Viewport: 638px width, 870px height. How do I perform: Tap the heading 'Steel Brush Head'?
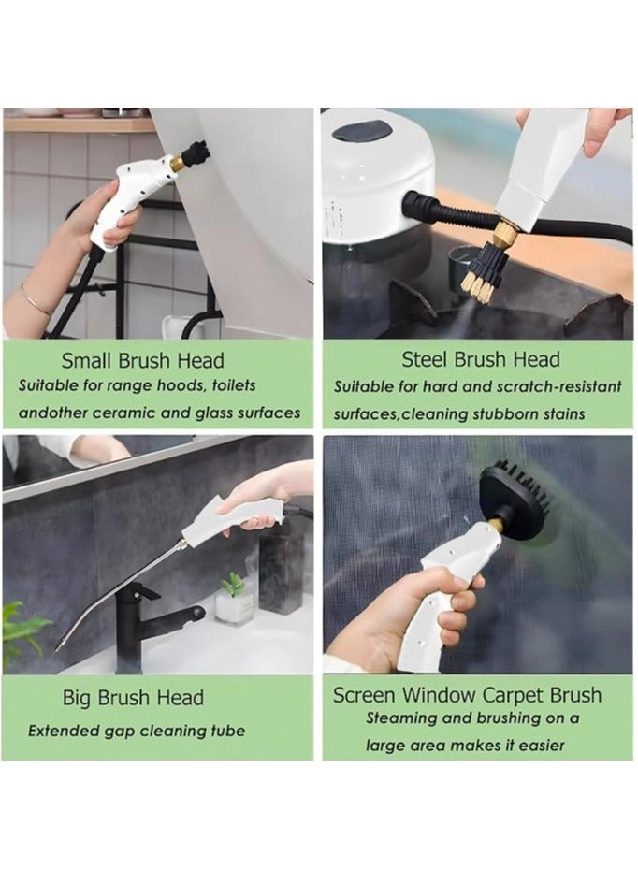pos(480,359)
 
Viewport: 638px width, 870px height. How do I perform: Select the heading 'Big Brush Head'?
pos(133,698)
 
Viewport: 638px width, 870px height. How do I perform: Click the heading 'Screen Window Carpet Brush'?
pos(467,695)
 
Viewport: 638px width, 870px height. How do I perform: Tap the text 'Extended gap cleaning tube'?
pos(136,731)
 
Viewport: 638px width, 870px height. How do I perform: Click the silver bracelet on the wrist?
pos(35,300)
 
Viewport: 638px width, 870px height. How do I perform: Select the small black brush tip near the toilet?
pos(196,150)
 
